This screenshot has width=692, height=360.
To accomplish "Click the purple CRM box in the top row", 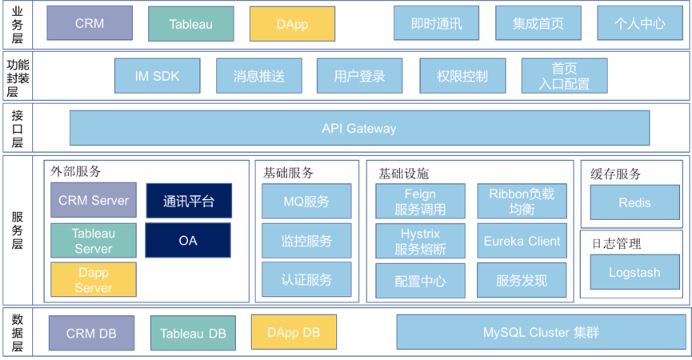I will [90, 23].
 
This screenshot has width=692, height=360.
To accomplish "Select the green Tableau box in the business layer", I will [191, 24].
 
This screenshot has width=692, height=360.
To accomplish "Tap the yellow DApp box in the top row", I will [292, 24].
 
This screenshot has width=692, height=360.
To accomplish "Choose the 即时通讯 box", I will [436, 23].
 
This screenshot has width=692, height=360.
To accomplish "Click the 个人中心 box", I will [639, 23].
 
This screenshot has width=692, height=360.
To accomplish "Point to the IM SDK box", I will [157, 76].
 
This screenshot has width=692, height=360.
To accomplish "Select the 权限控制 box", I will [462, 76].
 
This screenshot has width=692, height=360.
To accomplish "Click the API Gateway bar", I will [359, 128].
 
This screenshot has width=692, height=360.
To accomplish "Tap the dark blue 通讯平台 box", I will [189, 201].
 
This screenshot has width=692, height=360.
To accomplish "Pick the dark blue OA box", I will [188, 240].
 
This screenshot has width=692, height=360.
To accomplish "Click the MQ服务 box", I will [306, 202].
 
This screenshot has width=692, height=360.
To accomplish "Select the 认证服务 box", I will [306, 280].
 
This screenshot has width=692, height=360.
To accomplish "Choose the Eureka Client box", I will [522, 240].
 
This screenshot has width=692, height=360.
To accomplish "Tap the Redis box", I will [634, 202].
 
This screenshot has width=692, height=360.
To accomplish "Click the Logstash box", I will [634, 272].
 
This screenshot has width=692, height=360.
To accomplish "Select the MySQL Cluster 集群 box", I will [541, 332].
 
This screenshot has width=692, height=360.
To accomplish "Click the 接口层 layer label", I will [17, 128].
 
